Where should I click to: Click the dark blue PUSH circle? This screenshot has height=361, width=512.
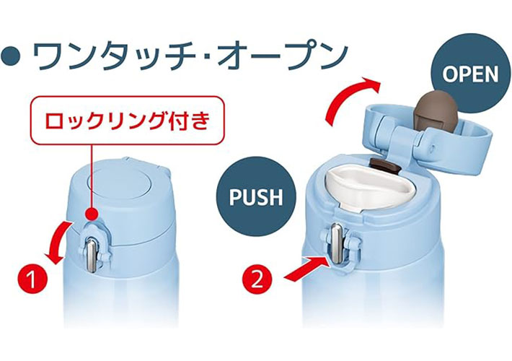pyautogui.click(x=256, y=196)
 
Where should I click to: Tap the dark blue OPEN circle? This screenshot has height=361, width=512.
pyautogui.click(x=470, y=74)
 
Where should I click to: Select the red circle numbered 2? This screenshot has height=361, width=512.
pyautogui.click(x=257, y=279)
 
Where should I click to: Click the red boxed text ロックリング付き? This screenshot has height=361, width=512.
pyautogui.click(x=128, y=121)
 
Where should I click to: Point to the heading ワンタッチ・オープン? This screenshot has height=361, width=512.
pyautogui.click(x=190, y=56)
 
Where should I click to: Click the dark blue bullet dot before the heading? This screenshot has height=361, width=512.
pyautogui.click(x=12, y=56)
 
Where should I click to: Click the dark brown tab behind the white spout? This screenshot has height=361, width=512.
pyautogui.click(x=385, y=163)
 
